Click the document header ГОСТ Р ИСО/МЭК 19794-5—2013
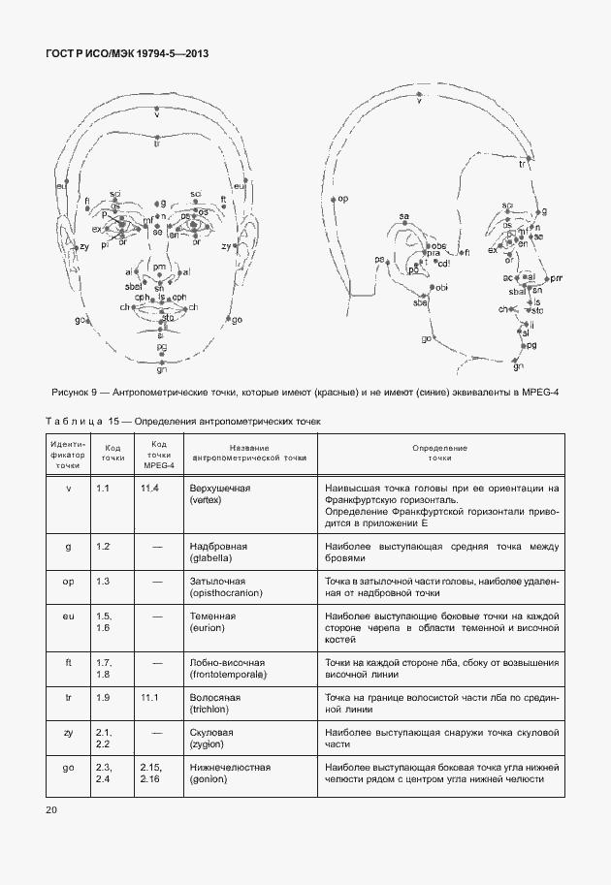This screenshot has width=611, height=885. point(127,55)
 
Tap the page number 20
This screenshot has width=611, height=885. point(53,809)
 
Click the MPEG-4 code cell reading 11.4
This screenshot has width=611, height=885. point(149,487)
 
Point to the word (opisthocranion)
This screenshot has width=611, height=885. point(229,593)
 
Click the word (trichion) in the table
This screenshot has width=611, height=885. point(211,709)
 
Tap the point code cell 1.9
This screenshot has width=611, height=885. point(104,697)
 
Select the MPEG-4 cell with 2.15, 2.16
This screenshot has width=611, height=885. point(151,774)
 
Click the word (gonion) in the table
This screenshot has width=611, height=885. point(209,779)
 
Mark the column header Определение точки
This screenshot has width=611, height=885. point(438,452)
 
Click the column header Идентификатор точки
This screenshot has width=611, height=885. point(68,453)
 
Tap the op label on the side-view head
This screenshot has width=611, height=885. point(342,199)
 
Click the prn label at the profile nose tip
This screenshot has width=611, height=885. point(556,278)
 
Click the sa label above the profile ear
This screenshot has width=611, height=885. point(404,215)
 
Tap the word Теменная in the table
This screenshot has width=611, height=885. point(213,616)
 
